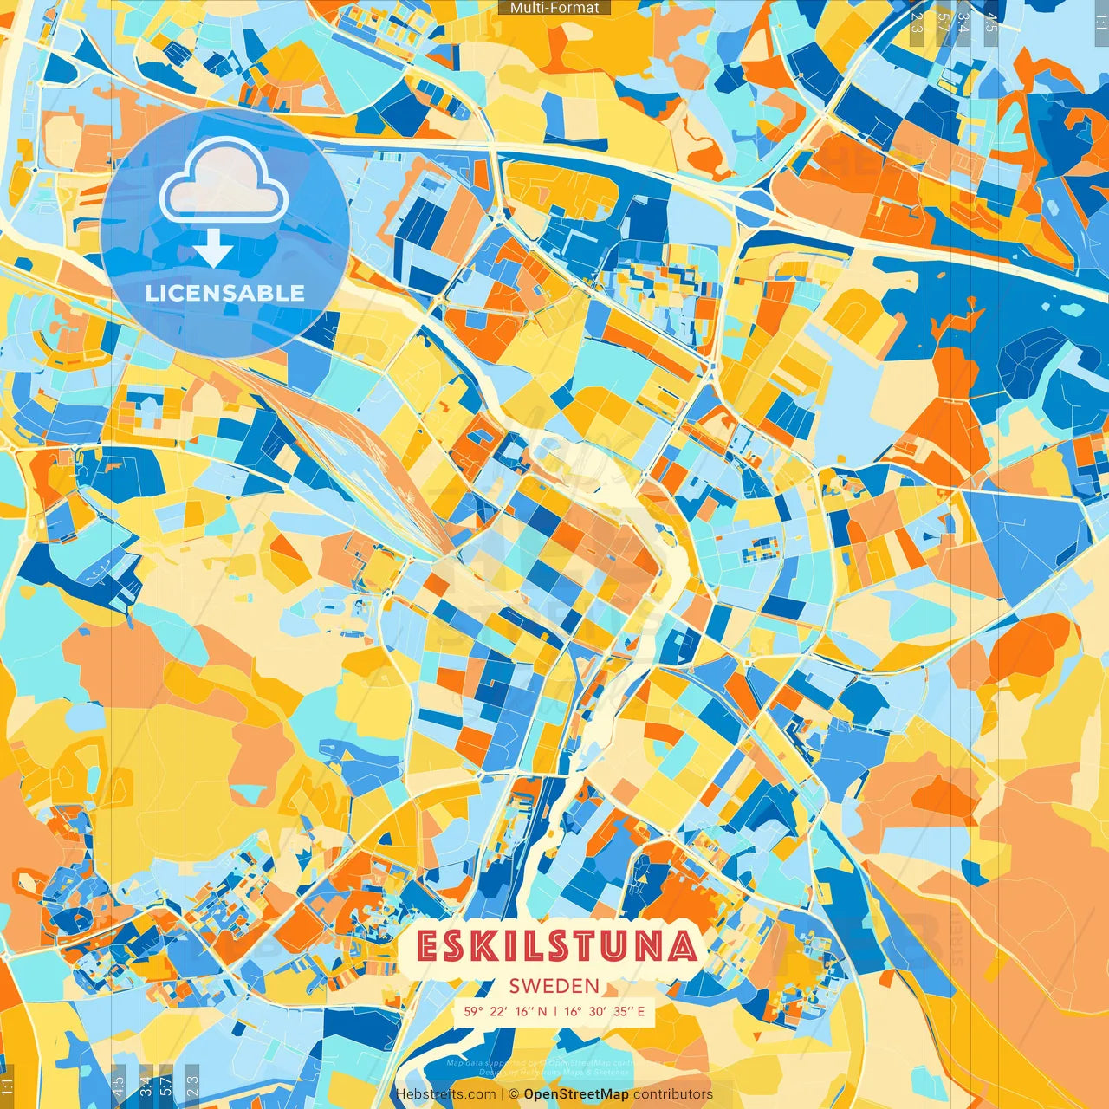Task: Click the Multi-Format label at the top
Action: click(554, 8)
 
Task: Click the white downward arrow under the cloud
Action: click(212, 249)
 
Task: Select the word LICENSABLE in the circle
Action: click(225, 293)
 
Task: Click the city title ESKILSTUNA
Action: click(557, 946)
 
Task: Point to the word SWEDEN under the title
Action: click(554, 986)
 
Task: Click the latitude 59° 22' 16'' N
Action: click(505, 1011)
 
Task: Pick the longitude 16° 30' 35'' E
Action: click(605, 1011)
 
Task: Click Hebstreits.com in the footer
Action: click(446, 1094)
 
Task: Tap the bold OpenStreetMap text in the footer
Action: click(576, 1094)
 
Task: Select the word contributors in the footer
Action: click(673, 1094)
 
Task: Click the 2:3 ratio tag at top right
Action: click(917, 23)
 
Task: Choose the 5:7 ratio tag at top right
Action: click(942, 23)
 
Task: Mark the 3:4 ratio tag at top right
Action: click(963, 23)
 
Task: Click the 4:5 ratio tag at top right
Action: click(991, 23)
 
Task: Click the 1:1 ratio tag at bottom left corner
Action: click(8, 1086)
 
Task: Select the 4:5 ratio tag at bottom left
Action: click(119, 1086)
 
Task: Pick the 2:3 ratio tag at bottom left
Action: click(191, 1086)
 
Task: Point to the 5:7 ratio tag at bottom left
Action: click(166, 1086)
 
